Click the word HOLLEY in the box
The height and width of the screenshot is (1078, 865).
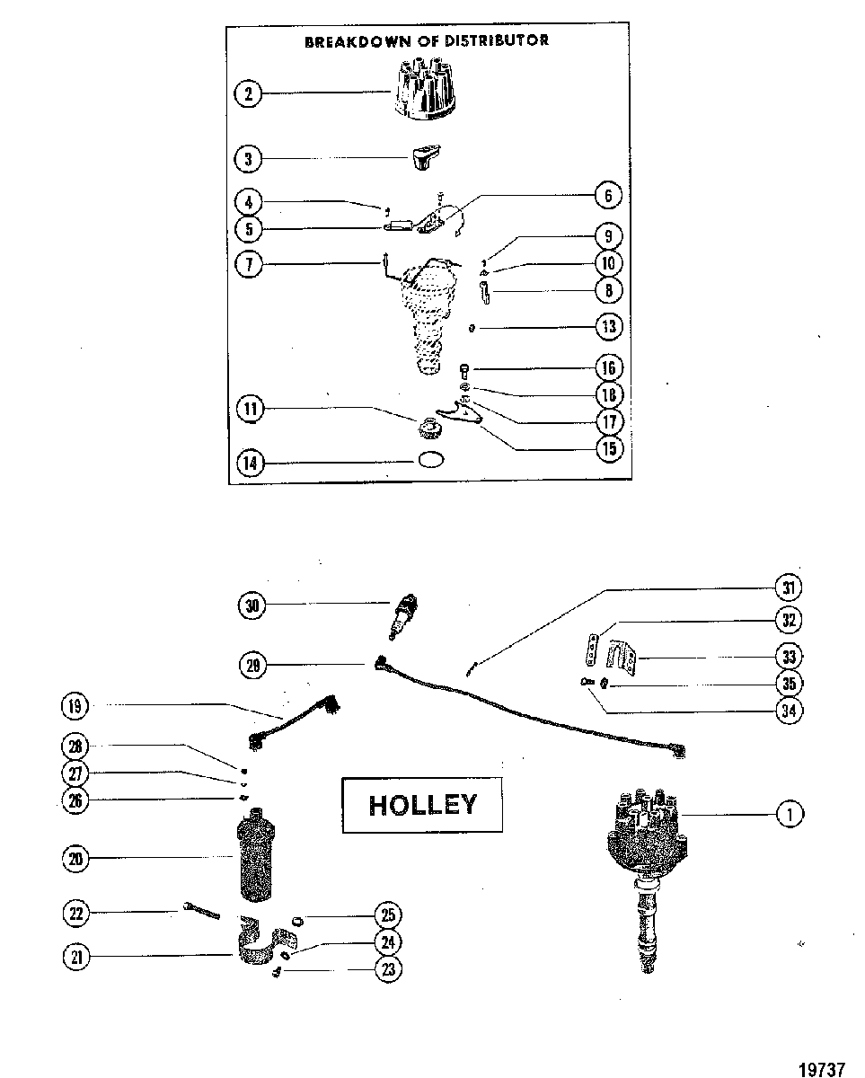(x=423, y=805)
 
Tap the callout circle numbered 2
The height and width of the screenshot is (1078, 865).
(x=249, y=93)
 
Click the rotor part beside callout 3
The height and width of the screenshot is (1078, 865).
(x=427, y=158)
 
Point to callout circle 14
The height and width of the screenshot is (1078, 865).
(x=250, y=463)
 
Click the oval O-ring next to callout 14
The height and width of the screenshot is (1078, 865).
(x=431, y=460)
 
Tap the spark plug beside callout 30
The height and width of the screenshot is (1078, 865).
(x=403, y=617)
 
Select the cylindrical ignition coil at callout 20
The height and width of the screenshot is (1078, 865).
(x=255, y=854)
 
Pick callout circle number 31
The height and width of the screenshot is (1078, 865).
(x=789, y=588)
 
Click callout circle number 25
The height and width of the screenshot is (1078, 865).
(x=389, y=915)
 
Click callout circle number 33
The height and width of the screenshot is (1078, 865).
(x=790, y=656)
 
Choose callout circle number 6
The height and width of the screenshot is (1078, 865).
(x=609, y=195)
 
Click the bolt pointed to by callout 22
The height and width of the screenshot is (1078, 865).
(x=202, y=911)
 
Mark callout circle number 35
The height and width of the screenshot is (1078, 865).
(x=790, y=684)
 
